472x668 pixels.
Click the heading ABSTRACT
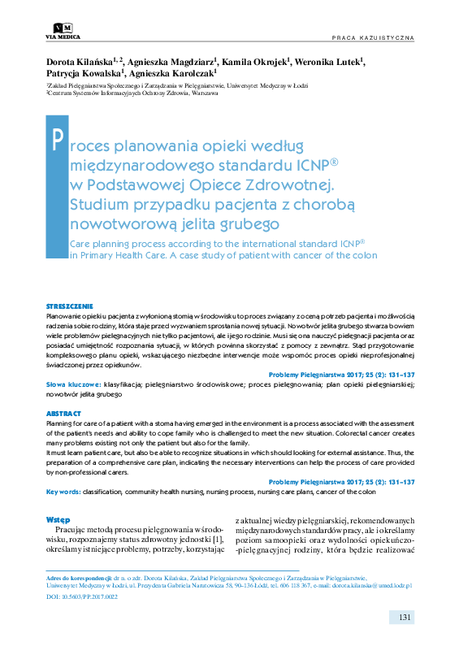click(x=63, y=414)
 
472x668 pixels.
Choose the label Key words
click(x=63, y=492)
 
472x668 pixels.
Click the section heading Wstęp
click(x=58, y=518)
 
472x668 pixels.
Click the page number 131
click(x=406, y=618)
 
